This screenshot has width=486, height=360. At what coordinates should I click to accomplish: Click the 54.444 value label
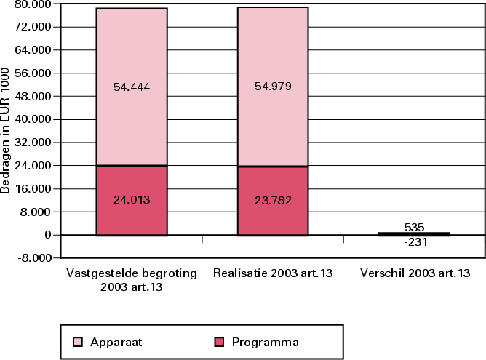pos(131,87)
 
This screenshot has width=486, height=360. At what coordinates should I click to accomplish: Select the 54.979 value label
pos(274,87)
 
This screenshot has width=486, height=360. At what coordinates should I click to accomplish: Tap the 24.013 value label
pos(131,199)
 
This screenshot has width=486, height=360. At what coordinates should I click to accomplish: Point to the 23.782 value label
pos(274,199)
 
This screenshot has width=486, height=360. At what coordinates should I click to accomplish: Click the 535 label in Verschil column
pos(415,227)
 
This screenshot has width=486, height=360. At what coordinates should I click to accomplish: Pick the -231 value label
pos(415,243)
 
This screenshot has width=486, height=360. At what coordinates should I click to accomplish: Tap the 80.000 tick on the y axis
pos(32,4)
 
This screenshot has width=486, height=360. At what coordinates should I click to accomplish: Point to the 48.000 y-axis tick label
pos(32,97)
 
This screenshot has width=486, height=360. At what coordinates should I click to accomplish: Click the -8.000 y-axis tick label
pos(32,258)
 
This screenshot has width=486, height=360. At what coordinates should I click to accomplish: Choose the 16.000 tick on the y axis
pos(32,189)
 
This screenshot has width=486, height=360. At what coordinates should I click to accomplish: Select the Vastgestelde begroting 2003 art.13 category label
pos(131,281)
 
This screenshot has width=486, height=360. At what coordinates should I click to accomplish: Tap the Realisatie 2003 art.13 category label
pos(274,275)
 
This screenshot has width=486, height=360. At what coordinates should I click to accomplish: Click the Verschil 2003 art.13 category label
pos(415,275)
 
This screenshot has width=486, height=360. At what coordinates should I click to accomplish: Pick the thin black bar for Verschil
pos(415,234)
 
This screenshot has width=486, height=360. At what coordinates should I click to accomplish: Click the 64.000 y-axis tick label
pos(32,50)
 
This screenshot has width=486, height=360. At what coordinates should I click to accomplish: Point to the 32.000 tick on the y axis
pos(32,143)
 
